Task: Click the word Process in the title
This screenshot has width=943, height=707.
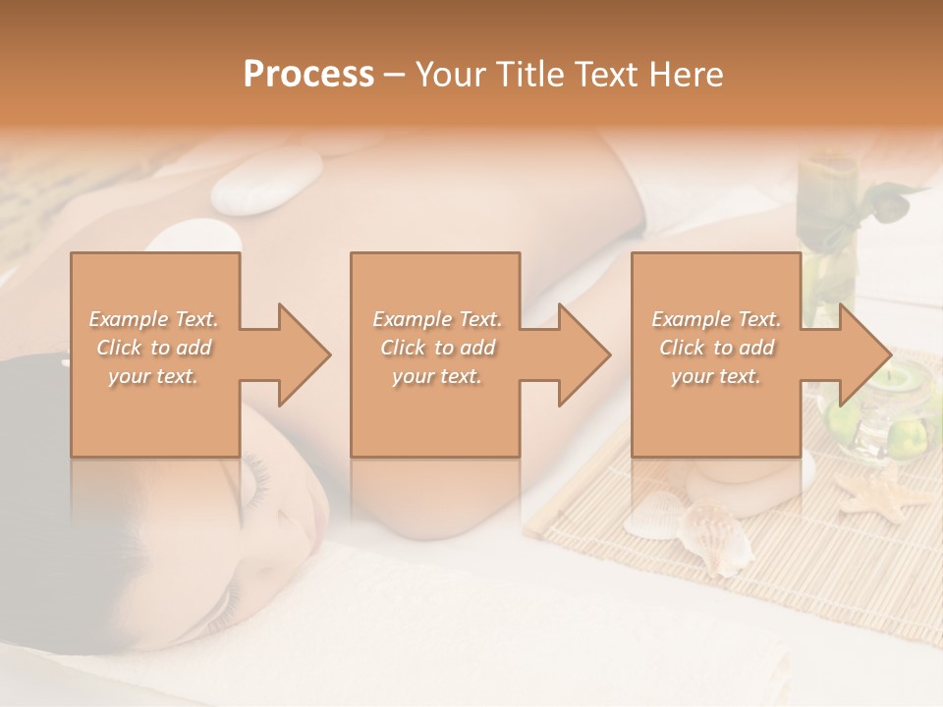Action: (308, 75)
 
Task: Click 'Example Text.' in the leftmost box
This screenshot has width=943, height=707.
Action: (154, 319)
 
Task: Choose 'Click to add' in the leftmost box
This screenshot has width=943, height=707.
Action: (154, 348)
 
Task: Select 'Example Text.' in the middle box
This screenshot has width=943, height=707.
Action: (436, 319)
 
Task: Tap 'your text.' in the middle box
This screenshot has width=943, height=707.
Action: (436, 376)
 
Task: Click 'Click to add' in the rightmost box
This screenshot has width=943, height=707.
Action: (716, 348)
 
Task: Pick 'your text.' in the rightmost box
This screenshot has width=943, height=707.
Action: (716, 376)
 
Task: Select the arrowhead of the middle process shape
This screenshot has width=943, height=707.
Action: (582, 354)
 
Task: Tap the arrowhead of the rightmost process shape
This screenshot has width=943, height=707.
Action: (863, 354)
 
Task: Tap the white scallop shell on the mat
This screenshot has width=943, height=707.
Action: (653, 516)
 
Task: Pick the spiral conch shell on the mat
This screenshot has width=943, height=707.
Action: (718, 537)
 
